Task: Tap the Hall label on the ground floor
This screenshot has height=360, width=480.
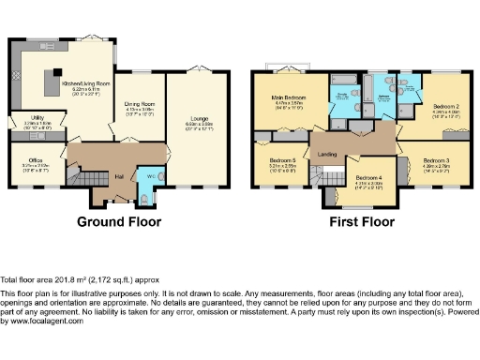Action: coord(120,175)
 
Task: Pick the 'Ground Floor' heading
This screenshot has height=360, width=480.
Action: coord(118,222)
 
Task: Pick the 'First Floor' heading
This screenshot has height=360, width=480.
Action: coord(360,222)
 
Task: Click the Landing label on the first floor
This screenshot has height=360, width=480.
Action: coord(328,154)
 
